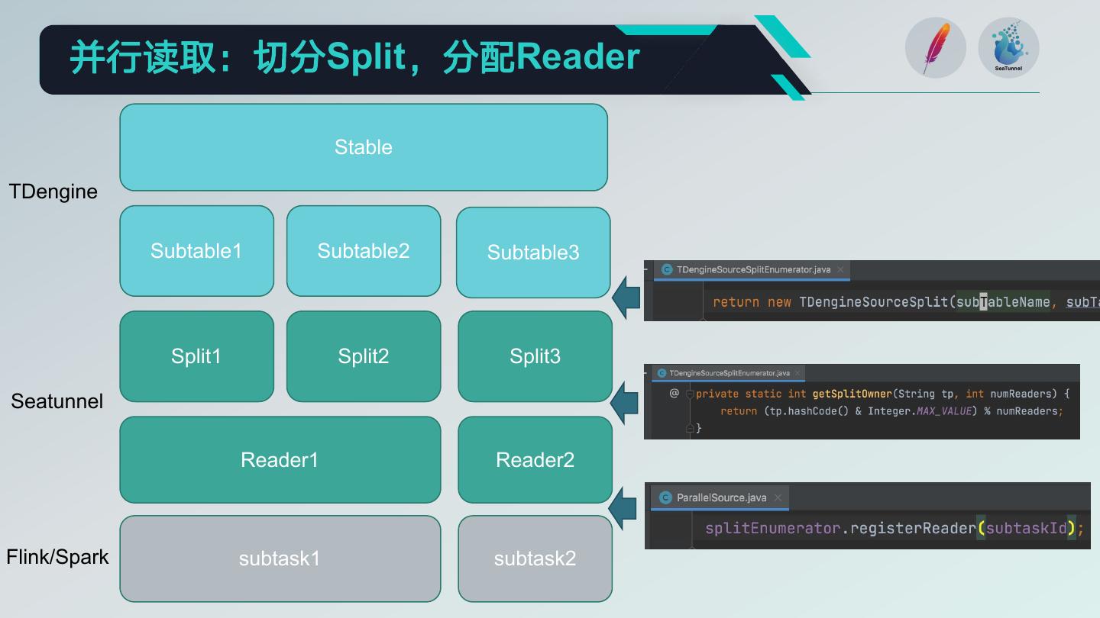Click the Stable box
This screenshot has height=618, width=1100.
coord(364,147)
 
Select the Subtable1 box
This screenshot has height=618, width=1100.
coord(196,251)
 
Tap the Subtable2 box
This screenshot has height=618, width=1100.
coord(364,251)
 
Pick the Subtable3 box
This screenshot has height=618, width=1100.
coord(533,253)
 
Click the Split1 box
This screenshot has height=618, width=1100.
coord(196,356)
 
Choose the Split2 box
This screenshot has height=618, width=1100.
coord(364,356)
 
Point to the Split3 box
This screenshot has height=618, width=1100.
coord(535,356)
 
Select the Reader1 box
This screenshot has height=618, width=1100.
coord(280,460)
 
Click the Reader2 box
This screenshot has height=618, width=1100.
coord(535,460)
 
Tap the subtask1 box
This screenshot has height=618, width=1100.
coord(280,558)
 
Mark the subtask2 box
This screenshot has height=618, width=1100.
coord(535,558)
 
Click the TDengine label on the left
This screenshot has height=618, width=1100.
coord(53,192)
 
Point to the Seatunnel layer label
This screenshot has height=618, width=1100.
coord(57,401)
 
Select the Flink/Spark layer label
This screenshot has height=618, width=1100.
coord(57,557)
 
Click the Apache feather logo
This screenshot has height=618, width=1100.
coord(936,48)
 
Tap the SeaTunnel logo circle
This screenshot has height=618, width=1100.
coord(1008,48)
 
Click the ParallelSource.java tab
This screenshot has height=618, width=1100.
coord(721,497)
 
